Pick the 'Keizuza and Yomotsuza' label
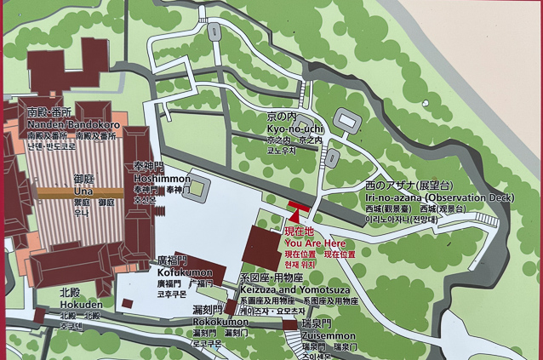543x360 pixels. [290, 289]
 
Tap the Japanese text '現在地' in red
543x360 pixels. [298, 231]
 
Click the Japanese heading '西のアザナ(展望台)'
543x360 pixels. [409, 185]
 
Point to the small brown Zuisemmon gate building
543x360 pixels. [289, 324]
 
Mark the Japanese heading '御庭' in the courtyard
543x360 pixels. [83, 180]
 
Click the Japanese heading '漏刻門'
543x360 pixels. [207, 310]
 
